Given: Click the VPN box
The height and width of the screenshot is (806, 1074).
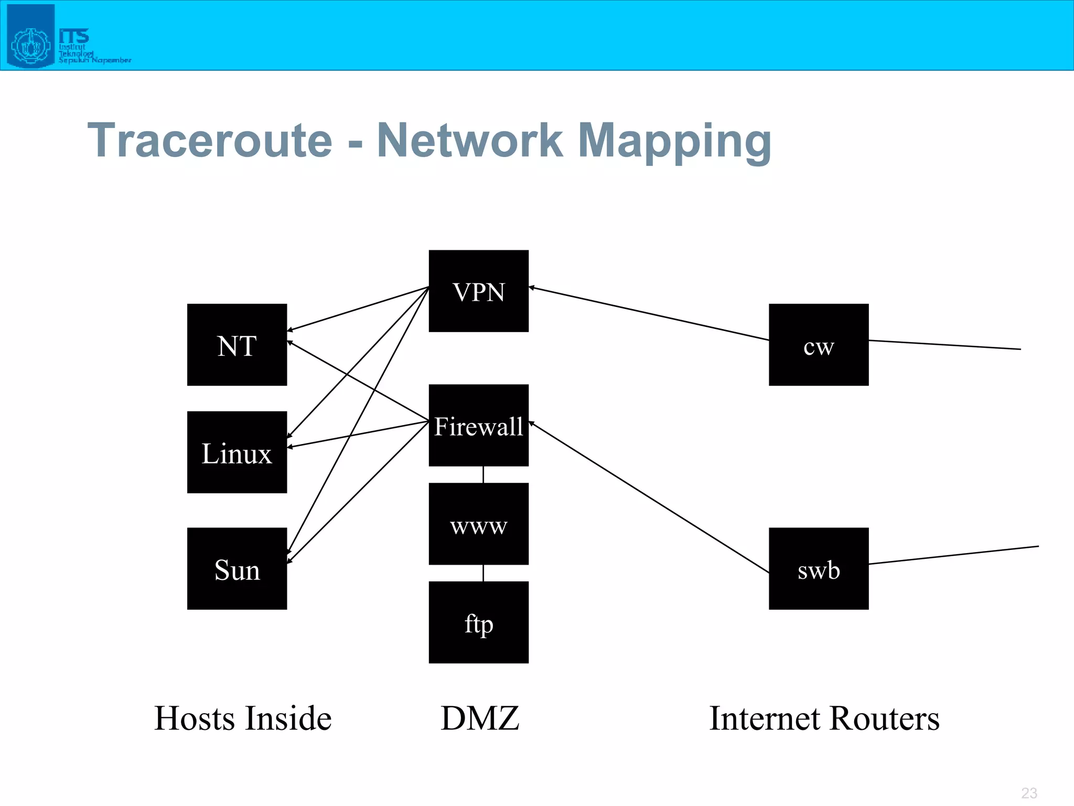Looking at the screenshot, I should pyautogui.click(x=478, y=291).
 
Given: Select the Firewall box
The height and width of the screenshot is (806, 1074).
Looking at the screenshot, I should pyautogui.click(x=478, y=425).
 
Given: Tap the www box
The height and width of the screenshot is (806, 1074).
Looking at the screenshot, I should pyautogui.click(x=478, y=524).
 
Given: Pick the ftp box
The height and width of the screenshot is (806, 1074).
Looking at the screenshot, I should pyautogui.click(x=478, y=622).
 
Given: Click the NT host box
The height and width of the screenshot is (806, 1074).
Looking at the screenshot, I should pyautogui.click(x=237, y=345).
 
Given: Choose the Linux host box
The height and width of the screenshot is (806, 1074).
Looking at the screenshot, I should pyautogui.click(x=237, y=452).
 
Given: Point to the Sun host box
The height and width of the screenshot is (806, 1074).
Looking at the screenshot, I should pyautogui.click(x=237, y=569).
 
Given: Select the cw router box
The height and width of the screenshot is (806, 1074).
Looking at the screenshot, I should pyautogui.click(x=819, y=345).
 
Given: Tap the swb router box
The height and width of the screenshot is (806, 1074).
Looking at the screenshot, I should pyautogui.click(x=819, y=569).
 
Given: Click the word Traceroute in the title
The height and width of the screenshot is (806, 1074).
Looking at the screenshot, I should pyautogui.click(x=210, y=140).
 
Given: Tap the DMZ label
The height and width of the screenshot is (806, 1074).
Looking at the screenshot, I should pyautogui.click(x=479, y=718).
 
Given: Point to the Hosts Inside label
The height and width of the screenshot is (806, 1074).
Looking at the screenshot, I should pyautogui.click(x=243, y=718).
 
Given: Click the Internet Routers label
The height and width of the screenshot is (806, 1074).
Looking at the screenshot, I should pyautogui.click(x=824, y=718).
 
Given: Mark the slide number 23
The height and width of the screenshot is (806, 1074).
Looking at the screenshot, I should pyautogui.click(x=1029, y=793).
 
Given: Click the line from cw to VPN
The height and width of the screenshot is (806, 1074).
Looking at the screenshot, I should pyautogui.click(x=649, y=313).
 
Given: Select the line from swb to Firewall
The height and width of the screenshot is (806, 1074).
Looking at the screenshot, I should pyautogui.click(x=649, y=497).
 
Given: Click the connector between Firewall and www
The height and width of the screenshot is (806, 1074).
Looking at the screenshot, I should pyautogui.click(x=483, y=475).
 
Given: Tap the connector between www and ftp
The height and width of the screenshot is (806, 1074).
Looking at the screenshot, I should pyautogui.click(x=483, y=573).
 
